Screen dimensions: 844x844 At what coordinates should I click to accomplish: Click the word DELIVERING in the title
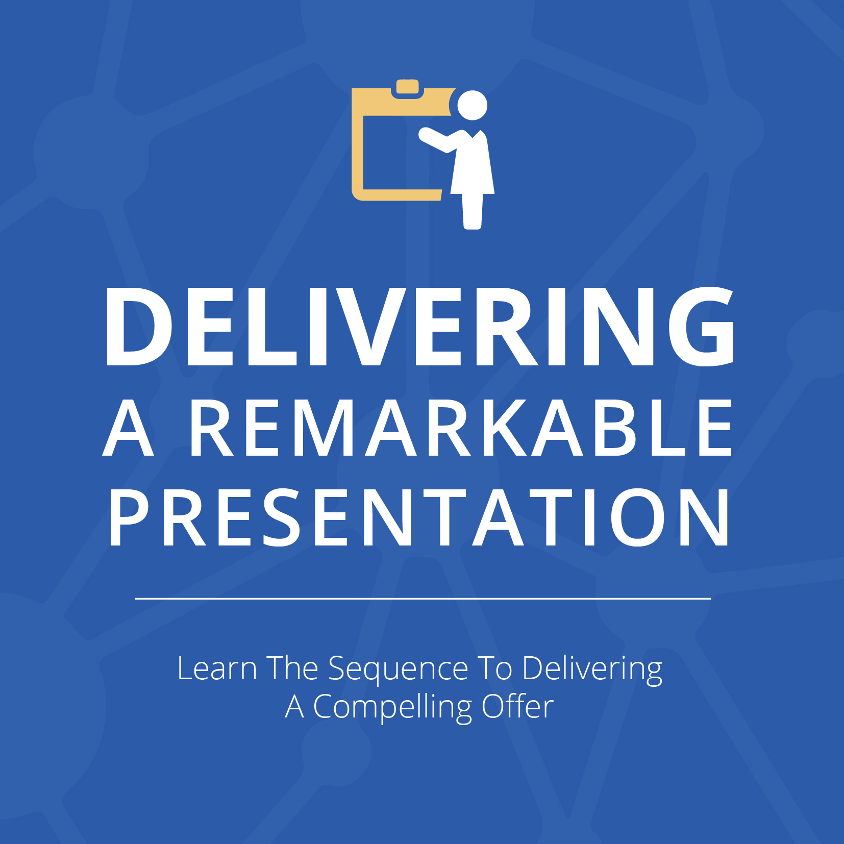pyautogui.click(x=419, y=327)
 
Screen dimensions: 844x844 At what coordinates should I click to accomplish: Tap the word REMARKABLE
pyautogui.click(x=462, y=428)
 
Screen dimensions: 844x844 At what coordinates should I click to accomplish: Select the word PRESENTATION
pyautogui.click(x=419, y=517)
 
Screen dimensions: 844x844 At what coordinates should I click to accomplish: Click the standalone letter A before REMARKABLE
pyautogui.click(x=128, y=428)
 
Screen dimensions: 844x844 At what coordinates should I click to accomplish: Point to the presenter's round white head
pyautogui.click(x=472, y=106)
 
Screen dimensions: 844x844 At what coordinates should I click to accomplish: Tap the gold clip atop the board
pyautogui.click(x=407, y=87)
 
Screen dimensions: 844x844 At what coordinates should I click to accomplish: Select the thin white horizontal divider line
pyautogui.click(x=423, y=598)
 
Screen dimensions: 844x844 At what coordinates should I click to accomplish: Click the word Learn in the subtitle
pyautogui.click(x=217, y=668)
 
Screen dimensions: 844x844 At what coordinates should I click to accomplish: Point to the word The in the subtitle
pyautogui.click(x=293, y=668)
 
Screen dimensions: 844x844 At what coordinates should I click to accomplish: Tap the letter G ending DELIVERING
pyautogui.click(x=702, y=327)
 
